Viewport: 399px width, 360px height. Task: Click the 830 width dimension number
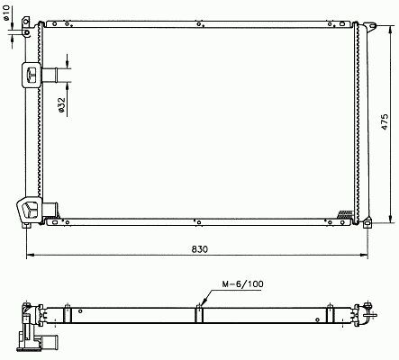[199, 249]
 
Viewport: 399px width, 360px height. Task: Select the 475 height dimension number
[385, 121]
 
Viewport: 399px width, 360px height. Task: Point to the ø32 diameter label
[62, 104]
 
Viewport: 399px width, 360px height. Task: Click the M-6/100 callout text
[242, 283]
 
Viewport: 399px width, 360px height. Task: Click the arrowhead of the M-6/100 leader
[204, 303]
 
